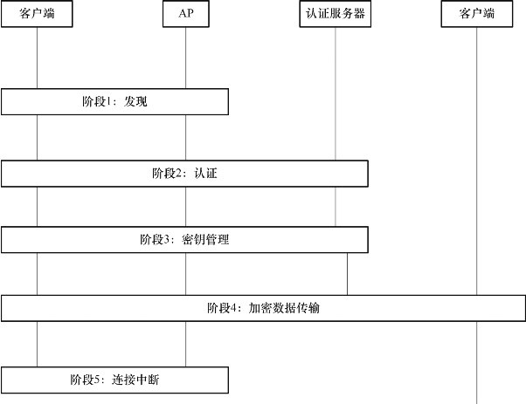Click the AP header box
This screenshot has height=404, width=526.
(x=186, y=14)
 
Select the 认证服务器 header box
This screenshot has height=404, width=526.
(x=336, y=14)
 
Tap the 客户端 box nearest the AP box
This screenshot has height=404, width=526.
(x=37, y=14)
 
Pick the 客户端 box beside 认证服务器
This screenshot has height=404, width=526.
(x=477, y=14)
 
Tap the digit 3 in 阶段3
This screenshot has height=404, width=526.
(x=167, y=239)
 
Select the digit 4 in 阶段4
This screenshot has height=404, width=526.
(x=233, y=308)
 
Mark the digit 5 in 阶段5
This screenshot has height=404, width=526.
(x=97, y=380)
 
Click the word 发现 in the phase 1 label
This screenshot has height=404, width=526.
(x=135, y=101)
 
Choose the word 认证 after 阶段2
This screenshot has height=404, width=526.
(x=205, y=174)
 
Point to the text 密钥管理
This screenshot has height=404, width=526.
(x=205, y=239)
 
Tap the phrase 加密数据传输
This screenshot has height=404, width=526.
(x=284, y=308)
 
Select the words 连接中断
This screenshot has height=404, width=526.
(x=135, y=380)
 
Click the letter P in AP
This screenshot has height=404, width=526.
(x=190, y=13)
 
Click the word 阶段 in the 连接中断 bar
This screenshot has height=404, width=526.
(x=82, y=380)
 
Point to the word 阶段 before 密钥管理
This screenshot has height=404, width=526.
(x=152, y=239)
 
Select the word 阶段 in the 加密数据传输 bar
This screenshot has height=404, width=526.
(x=218, y=308)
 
